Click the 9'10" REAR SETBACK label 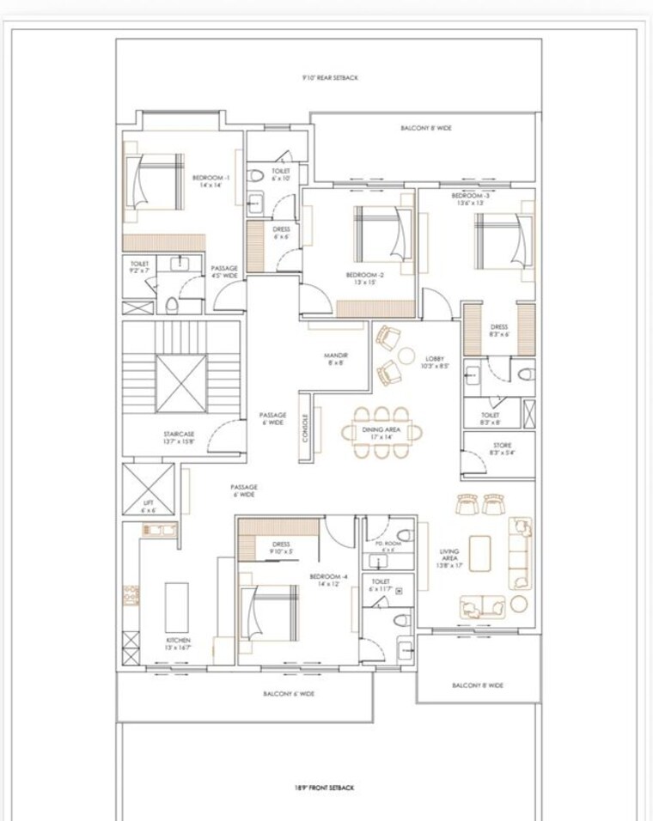[x=330, y=78]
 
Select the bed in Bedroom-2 [x=377, y=233]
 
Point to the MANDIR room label [x=334, y=358]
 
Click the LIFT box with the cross [x=148, y=490]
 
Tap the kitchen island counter [x=176, y=607]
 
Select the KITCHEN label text [x=178, y=644]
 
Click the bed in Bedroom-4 [x=270, y=611]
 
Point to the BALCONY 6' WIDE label [x=289, y=694]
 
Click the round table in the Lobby [x=406, y=354]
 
